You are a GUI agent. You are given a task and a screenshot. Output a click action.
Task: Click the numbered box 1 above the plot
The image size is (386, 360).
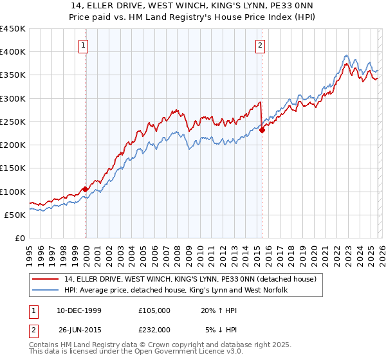coord(85,45)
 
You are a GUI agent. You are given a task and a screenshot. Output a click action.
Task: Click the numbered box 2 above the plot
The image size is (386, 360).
coord(261,45)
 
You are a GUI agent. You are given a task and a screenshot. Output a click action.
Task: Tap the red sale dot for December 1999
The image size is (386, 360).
coord(86,189)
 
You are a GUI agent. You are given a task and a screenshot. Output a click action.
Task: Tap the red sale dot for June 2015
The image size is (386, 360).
coord(262,130)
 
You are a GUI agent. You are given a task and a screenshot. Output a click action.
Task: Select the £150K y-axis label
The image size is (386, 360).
coord(13,168)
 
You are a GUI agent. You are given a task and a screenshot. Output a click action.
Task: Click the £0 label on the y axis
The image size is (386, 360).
coord(20,239)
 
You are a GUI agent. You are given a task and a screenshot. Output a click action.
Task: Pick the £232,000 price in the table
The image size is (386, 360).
coord(154,329)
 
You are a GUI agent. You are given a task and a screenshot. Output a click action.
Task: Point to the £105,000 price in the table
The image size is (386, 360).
coord(154,310)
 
